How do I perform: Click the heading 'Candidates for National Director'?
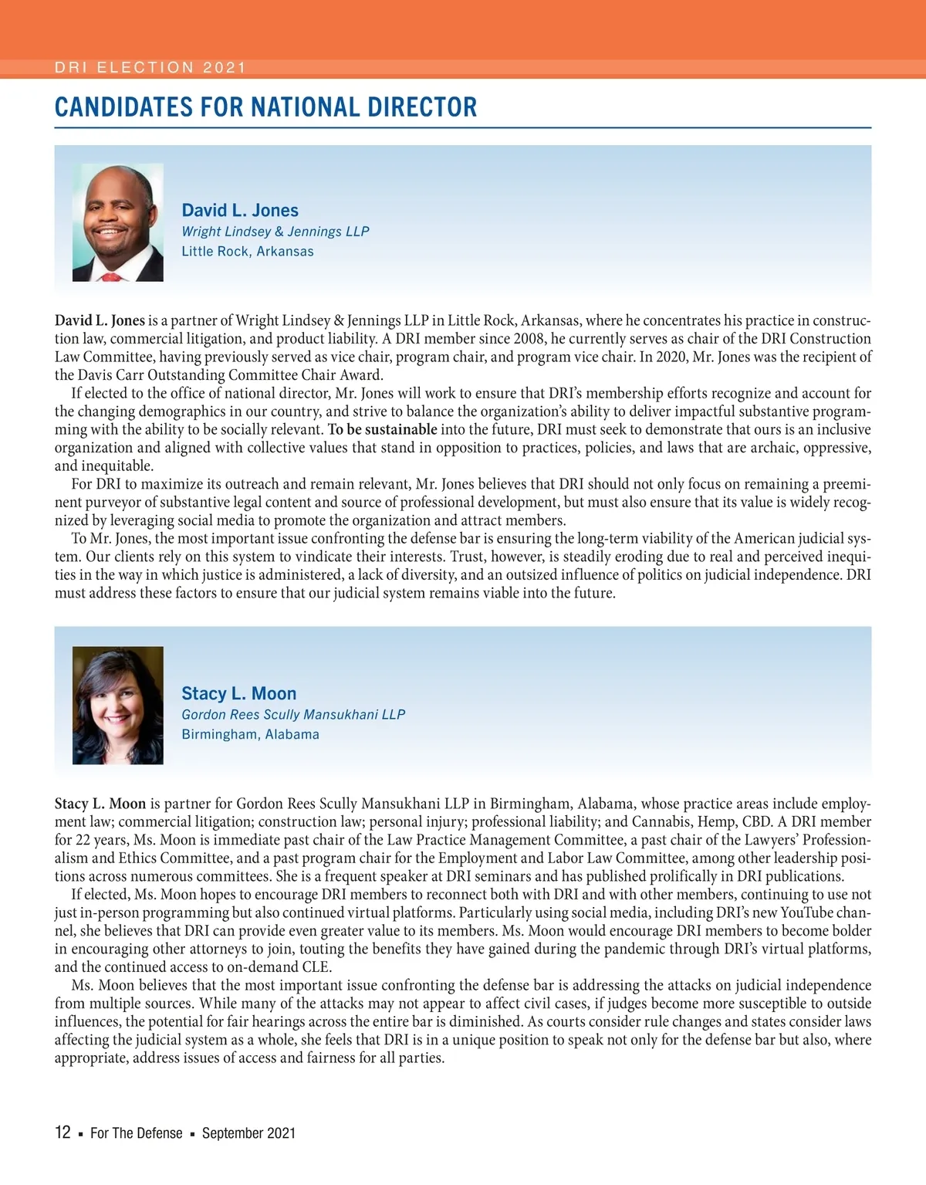pyautogui.click(x=265, y=107)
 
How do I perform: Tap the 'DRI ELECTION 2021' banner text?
pyautogui.click(x=150, y=67)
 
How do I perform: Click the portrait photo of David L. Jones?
pyautogui.click(x=117, y=222)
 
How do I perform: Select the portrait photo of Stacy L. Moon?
pyautogui.click(x=117, y=705)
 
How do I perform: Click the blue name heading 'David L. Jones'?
pyautogui.click(x=240, y=210)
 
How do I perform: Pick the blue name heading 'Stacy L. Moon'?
pyautogui.click(x=239, y=693)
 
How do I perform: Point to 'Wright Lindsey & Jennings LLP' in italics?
pyautogui.click(x=275, y=232)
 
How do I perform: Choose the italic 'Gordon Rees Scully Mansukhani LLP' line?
pyautogui.click(x=293, y=715)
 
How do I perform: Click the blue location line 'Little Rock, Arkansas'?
pyautogui.click(x=248, y=252)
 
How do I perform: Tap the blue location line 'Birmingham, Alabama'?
pyautogui.click(x=250, y=735)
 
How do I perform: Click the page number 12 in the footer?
pyautogui.click(x=63, y=1133)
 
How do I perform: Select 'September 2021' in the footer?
pyautogui.click(x=248, y=1133)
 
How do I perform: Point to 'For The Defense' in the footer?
pyautogui.click(x=137, y=1133)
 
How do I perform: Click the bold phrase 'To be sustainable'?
pyautogui.click(x=383, y=429)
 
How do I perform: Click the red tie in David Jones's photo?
pyautogui.click(x=113, y=275)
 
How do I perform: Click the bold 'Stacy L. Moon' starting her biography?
pyautogui.click(x=100, y=804)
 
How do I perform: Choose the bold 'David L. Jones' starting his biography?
pyautogui.click(x=100, y=320)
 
